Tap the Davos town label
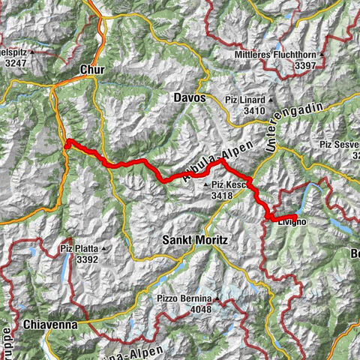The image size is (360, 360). (x=190, y=97)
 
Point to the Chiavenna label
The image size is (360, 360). (x=52, y=325)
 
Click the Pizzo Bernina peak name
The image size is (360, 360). (x=181, y=298)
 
